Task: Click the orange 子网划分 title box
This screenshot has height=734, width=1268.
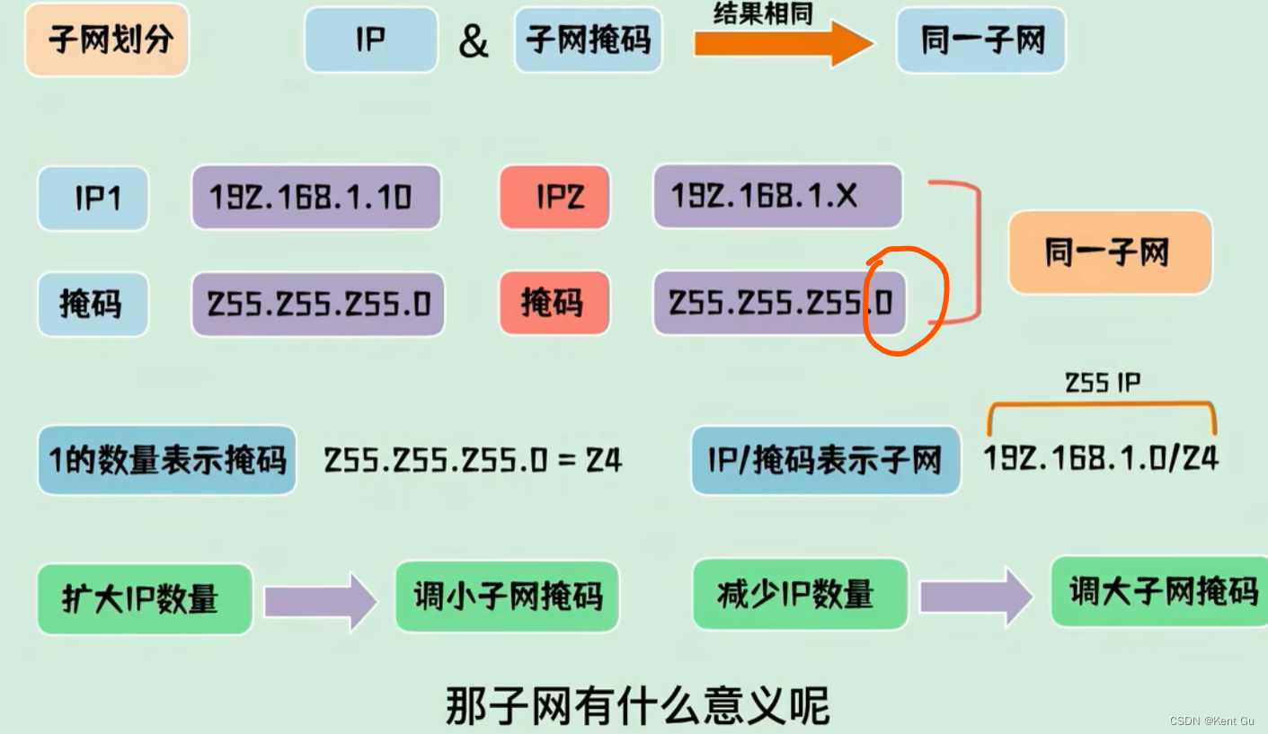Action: click(107, 40)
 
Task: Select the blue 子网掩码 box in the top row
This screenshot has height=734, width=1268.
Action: click(588, 40)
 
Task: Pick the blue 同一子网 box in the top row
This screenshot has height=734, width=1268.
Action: click(980, 40)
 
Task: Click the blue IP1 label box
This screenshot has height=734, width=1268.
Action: click(93, 198)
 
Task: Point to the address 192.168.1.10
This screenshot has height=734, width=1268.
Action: click(315, 197)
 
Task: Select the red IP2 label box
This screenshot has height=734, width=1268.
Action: click(554, 197)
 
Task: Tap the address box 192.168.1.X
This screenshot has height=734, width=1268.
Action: click(777, 196)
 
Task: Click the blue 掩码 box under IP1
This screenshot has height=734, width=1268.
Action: click(93, 304)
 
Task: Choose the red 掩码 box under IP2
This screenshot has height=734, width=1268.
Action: click(554, 303)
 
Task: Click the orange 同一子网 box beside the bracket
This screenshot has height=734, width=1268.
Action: click(1109, 252)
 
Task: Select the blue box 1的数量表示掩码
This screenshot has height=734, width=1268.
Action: click(167, 460)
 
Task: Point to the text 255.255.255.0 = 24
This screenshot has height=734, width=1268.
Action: click(473, 461)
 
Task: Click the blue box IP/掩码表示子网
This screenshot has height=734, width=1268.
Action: click(825, 461)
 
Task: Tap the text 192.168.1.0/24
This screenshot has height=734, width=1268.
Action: click(1101, 458)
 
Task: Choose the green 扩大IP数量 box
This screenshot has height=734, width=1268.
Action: click(144, 598)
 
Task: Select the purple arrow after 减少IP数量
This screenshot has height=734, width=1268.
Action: click(976, 596)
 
